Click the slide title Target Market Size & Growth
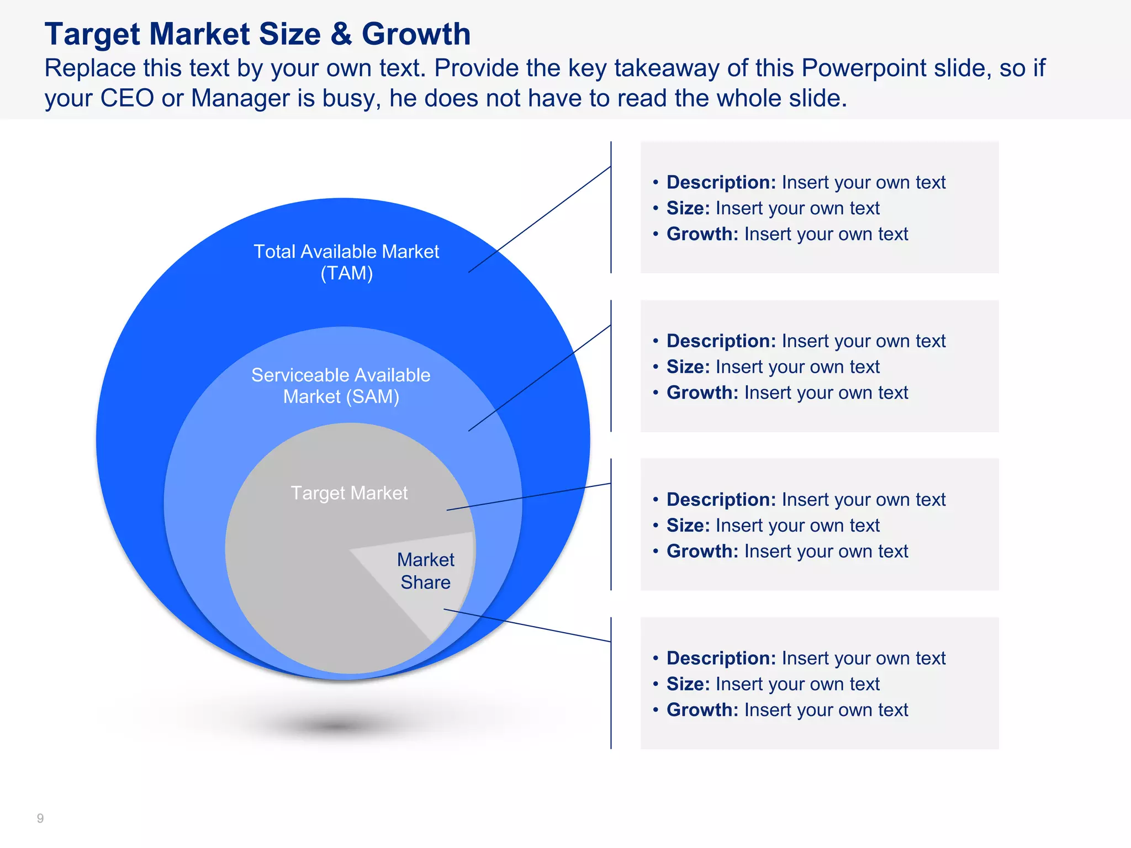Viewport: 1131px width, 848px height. tap(257, 34)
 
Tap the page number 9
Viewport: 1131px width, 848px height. tap(40, 818)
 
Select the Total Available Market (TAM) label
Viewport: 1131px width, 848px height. tap(346, 262)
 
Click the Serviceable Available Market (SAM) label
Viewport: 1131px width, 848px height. tap(341, 386)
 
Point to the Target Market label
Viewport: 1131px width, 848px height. tap(349, 493)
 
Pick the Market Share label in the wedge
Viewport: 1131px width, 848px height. tap(425, 571)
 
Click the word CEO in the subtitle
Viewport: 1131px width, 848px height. tap(126, 99)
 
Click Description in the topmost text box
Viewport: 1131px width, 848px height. tap(721, 182)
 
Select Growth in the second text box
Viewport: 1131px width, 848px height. tap(702, 393)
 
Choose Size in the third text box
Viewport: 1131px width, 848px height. tap(688, 526)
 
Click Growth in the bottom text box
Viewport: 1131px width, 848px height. tap(702, 710)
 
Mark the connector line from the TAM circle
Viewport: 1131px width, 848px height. tap(540, 219)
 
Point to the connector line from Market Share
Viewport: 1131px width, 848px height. tap(527, 626)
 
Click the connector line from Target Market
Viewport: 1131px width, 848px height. tap(528, 497)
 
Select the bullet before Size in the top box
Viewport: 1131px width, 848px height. tap(656, 209)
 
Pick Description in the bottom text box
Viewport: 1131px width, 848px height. tap(721, 658)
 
